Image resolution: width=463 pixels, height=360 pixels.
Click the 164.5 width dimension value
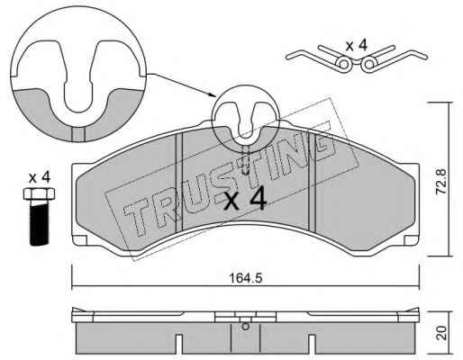pyautogui.click(x=246, y=278)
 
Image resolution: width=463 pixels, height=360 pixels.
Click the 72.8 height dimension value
pyautogui.click(x=441, y=181)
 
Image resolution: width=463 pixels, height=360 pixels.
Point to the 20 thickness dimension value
pyautogui.click(x=441, y=332)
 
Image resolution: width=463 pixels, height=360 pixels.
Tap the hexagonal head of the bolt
pyautogui.click(x=39, y=193)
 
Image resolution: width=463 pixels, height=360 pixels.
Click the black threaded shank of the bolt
pyautogui.click(x=40, y=222)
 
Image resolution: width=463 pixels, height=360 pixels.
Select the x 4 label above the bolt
pyautogui.click(x=39, y=178)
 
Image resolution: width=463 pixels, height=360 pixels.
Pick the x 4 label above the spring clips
pyautogui.click(x=356, y=46)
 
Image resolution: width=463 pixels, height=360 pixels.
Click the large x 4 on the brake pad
pyautogui.click(x=245, y=198)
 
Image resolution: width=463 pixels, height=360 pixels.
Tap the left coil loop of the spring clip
pyautogui.click(x=345, y=64)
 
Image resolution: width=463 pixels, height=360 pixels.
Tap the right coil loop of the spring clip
pyautogui.click(x=368, y=64)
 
